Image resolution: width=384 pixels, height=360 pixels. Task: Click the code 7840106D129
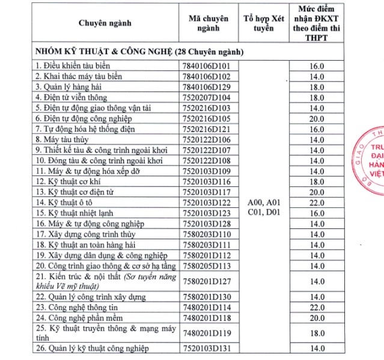coord(207,87)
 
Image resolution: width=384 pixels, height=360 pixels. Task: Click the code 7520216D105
coord(207,118)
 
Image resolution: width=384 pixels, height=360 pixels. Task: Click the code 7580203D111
coord(207,245)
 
